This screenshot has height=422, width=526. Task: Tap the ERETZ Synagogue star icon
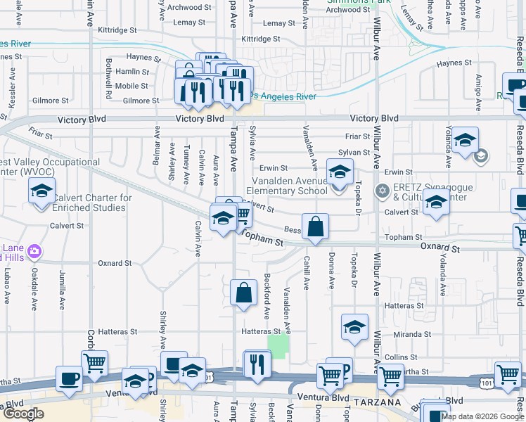[x=383, y=190]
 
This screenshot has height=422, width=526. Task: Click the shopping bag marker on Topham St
[x=316, y=227]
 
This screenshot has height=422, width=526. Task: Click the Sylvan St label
[x=354, y=152]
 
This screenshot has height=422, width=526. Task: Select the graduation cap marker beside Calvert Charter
[x=41, y=192]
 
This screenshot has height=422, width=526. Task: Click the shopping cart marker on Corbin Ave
[x=94, y=363]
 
